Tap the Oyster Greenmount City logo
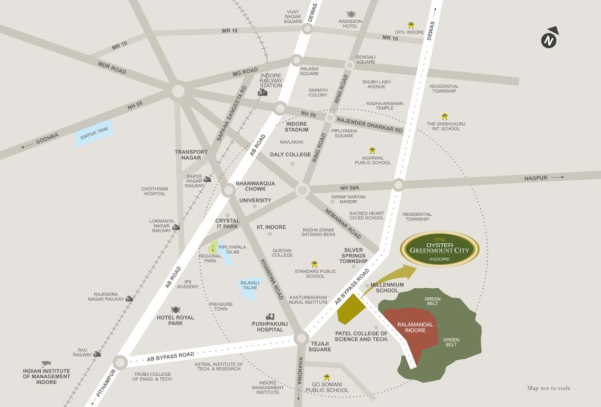point(439,249)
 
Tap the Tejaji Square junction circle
point(301,338)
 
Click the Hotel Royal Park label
point(175,320)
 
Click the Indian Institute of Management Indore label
point(46,376)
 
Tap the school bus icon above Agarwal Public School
point(372,151)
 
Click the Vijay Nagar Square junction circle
point(307,29)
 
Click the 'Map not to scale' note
point(549,388)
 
